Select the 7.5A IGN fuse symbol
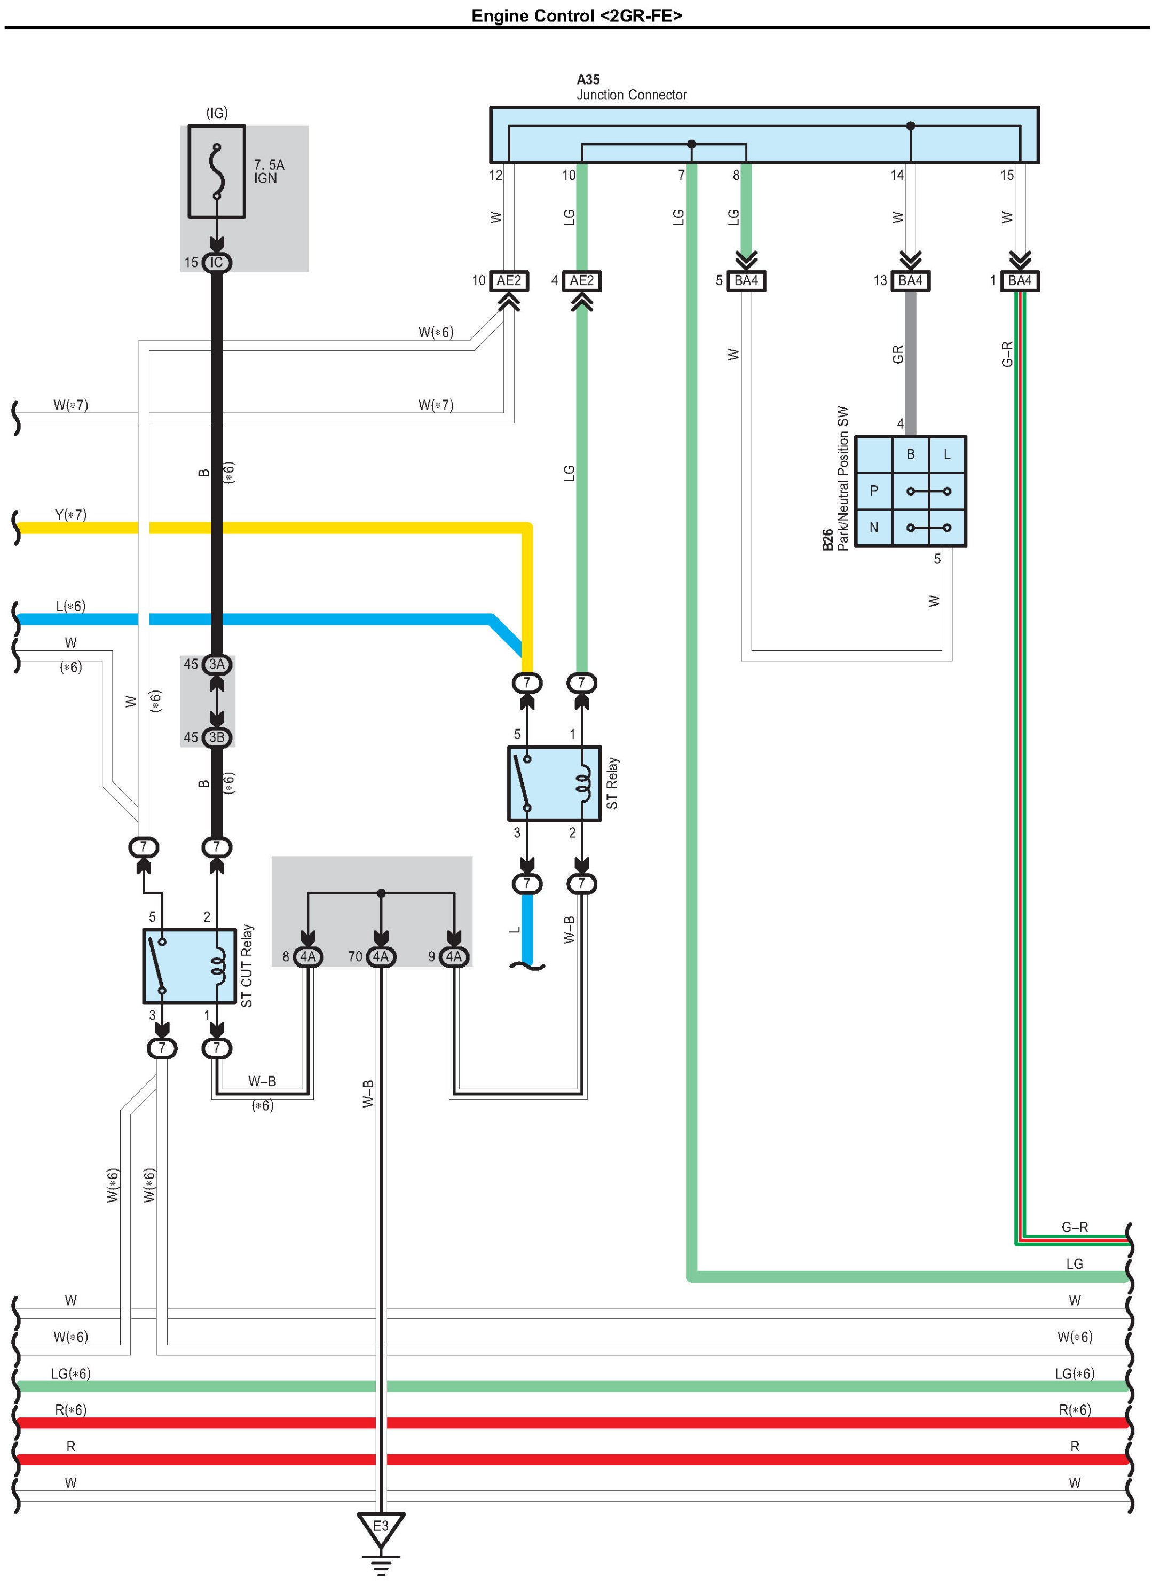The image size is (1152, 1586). click(217, 172)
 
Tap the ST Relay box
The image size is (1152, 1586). click(554, 783)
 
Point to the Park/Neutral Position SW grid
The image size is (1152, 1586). click(910, 491)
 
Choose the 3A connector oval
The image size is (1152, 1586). click(217, 664)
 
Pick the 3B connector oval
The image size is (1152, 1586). click(217, 737)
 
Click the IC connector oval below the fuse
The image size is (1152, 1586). click(217, 262)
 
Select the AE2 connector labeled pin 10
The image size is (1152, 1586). click(508, 281)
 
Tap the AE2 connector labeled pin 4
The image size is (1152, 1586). click(581, 281)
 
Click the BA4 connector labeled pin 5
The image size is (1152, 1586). click(746, 281)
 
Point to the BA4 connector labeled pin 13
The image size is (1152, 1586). click(910, 281)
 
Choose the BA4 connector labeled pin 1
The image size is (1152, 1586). click(1019, 281)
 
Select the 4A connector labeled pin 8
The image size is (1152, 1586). click(307, 956)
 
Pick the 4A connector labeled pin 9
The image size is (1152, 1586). click(454, 956)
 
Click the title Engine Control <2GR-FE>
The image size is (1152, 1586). click(576, 15)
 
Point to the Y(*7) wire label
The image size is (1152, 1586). click(70, 515)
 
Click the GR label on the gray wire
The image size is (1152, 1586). click(898, 355)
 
